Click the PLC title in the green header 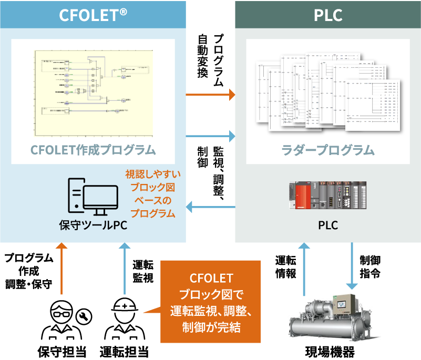[328, 15]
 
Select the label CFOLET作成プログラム [93, 150]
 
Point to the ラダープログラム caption [328, 150]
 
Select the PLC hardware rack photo [328, 196]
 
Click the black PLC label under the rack [328, 226]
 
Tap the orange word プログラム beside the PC [153, 213]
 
